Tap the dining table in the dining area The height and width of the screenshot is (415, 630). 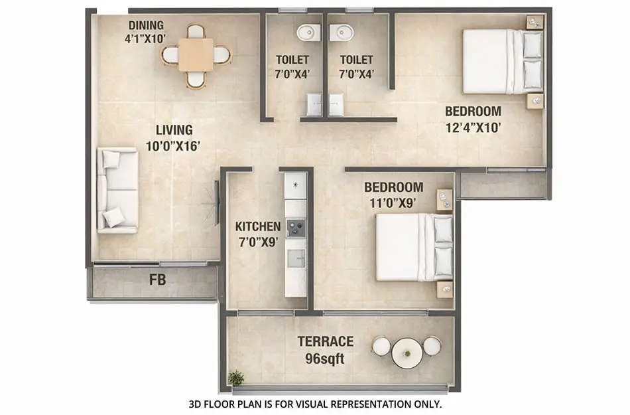tap(196, 54)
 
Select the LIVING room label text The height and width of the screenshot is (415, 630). tap(174, 130)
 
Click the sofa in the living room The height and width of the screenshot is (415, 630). tap(118, 190)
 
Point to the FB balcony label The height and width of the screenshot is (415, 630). tap(157, 280)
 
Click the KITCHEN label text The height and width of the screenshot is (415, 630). tap(258, 227)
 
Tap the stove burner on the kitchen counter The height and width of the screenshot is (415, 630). tap(295, 228)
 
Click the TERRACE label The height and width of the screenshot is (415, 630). tap(325, 342)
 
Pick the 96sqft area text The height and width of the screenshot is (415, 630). tap(325, 359)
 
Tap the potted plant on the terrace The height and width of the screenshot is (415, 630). tap(235, 378)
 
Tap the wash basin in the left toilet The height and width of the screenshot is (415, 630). tap(307, 32)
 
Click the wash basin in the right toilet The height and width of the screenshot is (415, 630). tap(344, 32)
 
